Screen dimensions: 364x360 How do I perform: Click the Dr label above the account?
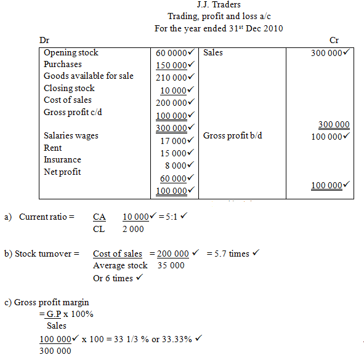(44, 40)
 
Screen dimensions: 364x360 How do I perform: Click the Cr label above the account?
(334, 40)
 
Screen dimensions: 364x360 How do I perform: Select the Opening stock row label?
(71, 53)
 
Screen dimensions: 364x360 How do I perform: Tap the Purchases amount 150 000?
(171, 65)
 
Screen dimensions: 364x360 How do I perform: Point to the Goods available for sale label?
(88, 76)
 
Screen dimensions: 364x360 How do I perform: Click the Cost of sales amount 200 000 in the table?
(171, 103)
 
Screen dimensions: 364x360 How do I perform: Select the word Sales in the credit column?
(213, 53)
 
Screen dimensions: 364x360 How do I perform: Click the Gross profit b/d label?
(232, 135)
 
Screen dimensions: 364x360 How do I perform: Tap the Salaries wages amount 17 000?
(174, 141)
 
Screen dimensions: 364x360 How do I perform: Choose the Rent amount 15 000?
(174, 153)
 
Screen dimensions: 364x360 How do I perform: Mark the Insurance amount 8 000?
(176, 166)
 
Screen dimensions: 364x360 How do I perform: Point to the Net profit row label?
(62, 172)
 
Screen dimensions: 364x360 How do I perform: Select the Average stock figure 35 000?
(168, 266)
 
